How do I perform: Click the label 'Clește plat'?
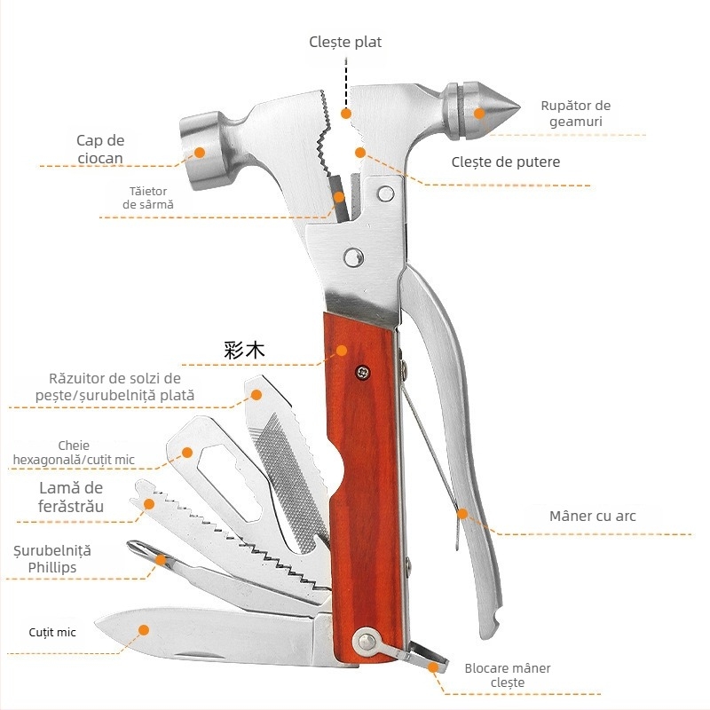[345, 42]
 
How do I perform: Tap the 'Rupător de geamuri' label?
[575, 114]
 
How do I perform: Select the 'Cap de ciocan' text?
[100, 149]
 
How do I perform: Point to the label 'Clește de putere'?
[505, 162]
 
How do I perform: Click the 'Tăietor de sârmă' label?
[148, 197]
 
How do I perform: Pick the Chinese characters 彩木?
[244, 350]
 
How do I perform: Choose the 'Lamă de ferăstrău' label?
[71, 497]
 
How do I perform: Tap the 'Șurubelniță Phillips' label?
[52, 559]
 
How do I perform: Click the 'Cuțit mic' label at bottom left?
[52, 632]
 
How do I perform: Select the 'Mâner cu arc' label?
[592, 516]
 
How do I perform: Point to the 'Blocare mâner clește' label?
[507, 675]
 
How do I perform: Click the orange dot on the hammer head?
[199, 153]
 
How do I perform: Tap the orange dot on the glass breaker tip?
[479, 113]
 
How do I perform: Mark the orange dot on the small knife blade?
[144, 630]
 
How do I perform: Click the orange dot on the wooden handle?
[342, 350]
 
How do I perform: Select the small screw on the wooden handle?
[362, 373]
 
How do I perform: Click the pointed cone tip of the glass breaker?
[519, 107]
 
